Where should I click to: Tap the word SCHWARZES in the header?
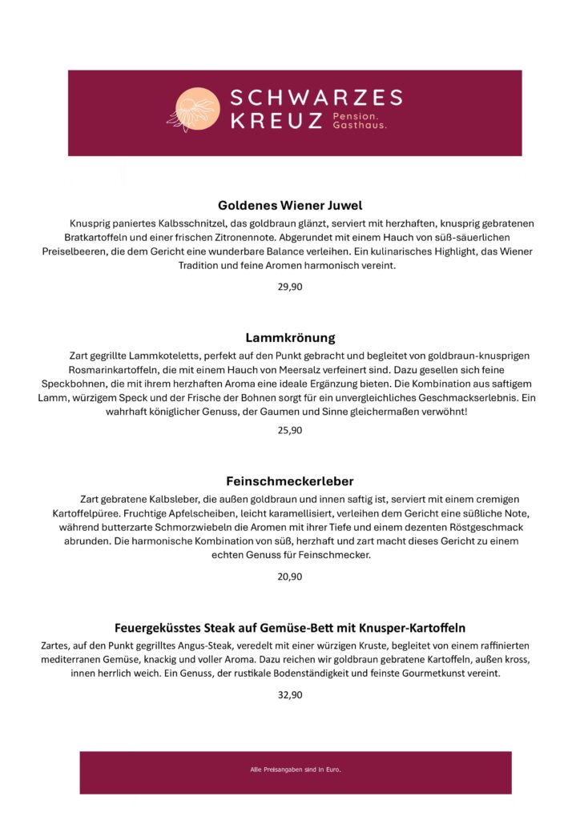pos(316,98)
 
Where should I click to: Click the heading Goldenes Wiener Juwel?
pos(290,205)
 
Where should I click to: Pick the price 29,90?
pos(290,286)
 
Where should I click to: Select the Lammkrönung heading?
pos(290,337)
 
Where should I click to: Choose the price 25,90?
pos(290,430)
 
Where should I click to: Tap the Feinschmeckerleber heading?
pos(290,481)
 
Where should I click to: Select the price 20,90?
pos(290,576)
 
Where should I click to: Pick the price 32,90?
pos(290,694)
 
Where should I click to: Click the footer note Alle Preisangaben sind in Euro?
pos(296,770)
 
